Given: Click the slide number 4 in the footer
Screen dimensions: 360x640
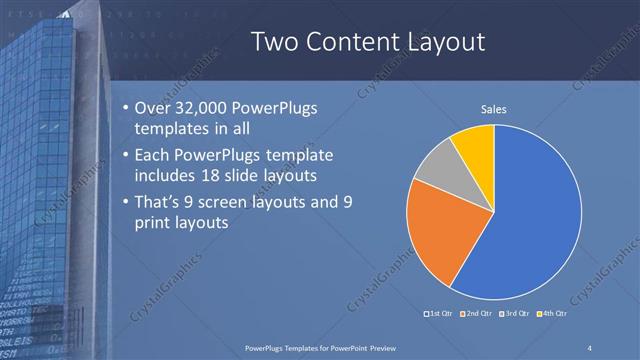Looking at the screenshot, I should pyautogui.click(x=589, y=347).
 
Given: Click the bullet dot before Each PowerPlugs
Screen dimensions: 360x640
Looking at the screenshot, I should pyautogui.click(x=123, y=155).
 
